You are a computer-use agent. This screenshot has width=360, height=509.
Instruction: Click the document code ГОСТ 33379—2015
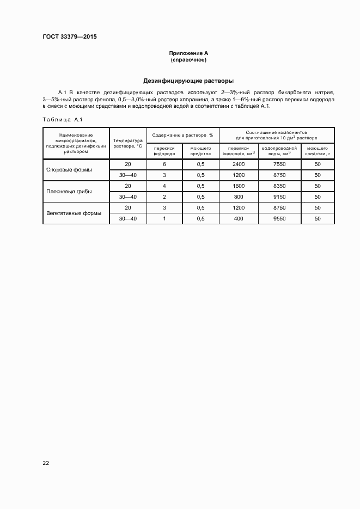(69, 37)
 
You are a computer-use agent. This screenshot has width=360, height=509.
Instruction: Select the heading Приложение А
(188, 53)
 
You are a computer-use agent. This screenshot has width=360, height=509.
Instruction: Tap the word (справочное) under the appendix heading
(188, 59)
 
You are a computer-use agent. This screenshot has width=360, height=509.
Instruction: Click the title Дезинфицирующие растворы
(188, 80)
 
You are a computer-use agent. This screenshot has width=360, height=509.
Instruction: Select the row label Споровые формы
(69, 169)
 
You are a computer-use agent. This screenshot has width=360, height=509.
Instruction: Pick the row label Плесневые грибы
(70, 191)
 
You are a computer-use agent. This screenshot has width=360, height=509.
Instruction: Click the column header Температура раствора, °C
(127, 143)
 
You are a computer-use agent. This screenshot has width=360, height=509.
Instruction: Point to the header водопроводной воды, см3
(279, 151)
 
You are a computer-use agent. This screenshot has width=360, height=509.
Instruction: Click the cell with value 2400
(239, 164)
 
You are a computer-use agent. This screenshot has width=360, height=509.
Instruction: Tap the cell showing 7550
(279, 164)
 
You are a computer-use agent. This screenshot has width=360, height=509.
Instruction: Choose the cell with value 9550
(279, 218)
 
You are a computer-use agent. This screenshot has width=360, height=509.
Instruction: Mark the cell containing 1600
(239, 186)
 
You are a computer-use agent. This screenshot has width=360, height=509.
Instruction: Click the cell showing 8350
(279, 186)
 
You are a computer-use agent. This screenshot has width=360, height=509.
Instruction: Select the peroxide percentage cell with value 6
(164, 164)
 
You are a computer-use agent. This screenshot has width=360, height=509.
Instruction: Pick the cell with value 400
(239, 218)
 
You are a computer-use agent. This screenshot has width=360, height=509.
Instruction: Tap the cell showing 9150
(279, 197)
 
